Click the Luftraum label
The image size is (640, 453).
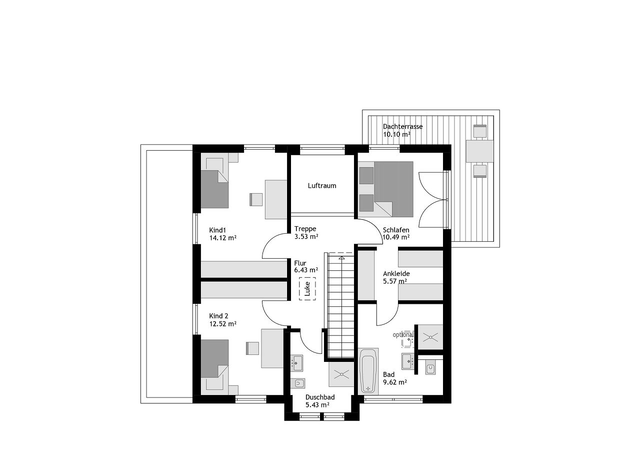[x=321, y=186]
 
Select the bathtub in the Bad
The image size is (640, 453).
[x=368, y=371]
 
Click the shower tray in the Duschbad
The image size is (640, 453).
[x=341, y=374]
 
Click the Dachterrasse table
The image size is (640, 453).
[x=479, y=151]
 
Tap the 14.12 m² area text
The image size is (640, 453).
[x=222, y=238]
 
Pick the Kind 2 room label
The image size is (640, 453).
[x=218, y=316]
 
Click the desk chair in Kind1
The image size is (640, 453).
[x=256, y=199]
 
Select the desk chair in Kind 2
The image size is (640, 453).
[x=252, y=348]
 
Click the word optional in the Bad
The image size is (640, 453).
[x=403, y=334]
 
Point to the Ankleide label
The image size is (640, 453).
[x=396, y=274]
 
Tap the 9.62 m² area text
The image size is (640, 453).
[x=395, y=382]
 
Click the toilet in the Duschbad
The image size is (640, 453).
[x=297, y=383]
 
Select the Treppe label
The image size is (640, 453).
[x=305, y=229]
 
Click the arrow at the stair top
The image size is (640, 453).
[x=341, y=258]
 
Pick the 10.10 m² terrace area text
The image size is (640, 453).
[x=396, y=135]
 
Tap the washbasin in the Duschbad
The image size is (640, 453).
[x=296, y=363]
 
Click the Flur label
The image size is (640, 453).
[x=300, y=263]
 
